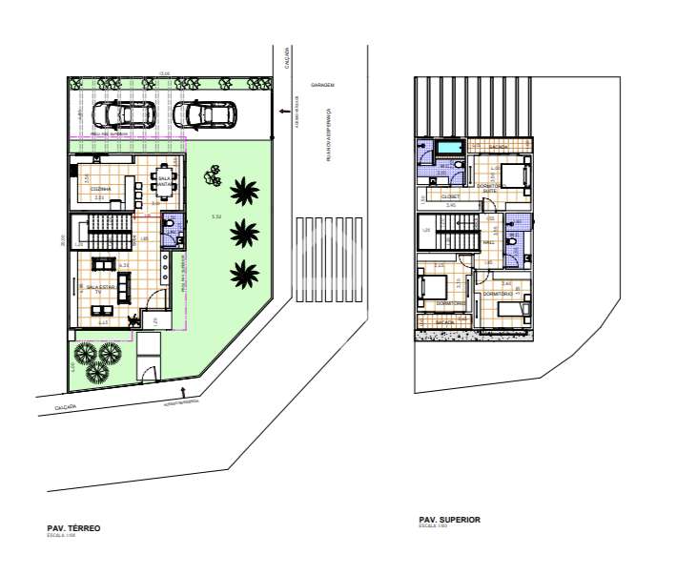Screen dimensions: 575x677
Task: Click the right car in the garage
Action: coord(205,114)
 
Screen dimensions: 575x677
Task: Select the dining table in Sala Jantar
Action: coord(161,188)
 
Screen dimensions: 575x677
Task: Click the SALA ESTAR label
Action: coord(99,286)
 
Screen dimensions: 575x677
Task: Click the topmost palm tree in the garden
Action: coord(245,190)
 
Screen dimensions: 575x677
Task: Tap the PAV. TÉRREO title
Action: coord(73,527)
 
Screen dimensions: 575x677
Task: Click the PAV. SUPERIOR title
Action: coord(449,519)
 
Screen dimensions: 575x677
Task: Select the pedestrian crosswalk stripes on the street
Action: coord(330,259)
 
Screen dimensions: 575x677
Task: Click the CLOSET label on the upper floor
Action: coord(450,195)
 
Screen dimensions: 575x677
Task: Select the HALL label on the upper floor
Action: coord(488,242)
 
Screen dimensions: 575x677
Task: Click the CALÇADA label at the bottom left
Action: coord(62,407)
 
